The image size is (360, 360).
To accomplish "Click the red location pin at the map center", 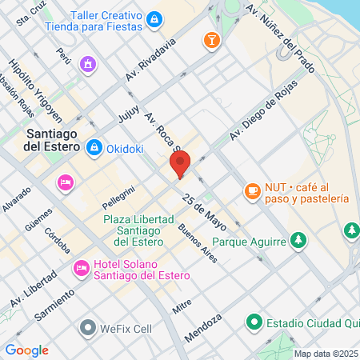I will click(x=180, y=164).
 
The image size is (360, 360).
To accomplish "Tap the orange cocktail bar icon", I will click(x=211, y=40).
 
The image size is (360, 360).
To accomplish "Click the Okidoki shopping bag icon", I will click(x=94, y=147).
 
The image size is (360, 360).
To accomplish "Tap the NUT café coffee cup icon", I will click(x=252, y=190).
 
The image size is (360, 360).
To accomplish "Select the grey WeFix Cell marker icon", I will click(x=87, y=327).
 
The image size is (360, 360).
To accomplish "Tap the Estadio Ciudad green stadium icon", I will click(x=254, y=322).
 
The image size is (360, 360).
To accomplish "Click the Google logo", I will click(x=26, y=350).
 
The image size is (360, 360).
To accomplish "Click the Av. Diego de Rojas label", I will click(x=264, y=110).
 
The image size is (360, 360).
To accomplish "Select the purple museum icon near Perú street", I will click(x=88, y=63).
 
